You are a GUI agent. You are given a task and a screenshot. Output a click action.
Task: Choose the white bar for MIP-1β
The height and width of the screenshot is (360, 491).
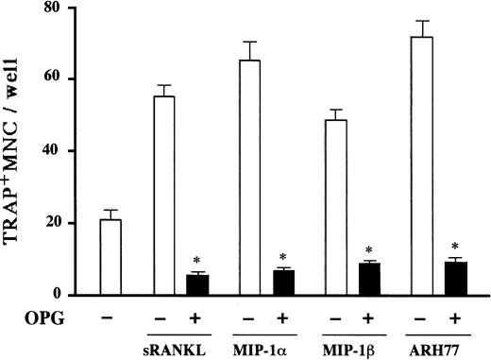tap(335, 207)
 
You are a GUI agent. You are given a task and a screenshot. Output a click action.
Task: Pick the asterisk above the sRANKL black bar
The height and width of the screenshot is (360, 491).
tap(197, 261)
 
